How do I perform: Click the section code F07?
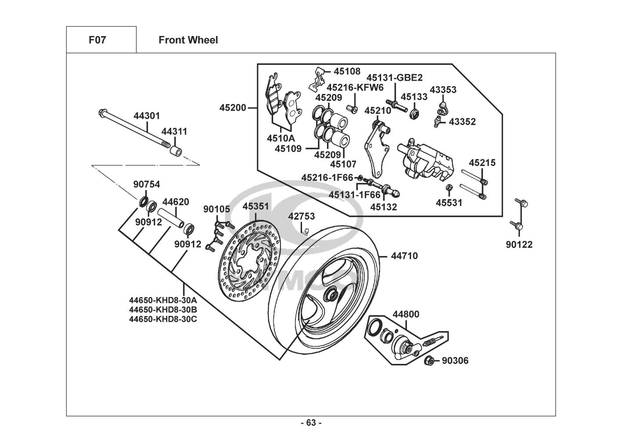tap(97, 40)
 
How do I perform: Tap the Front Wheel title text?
tap(188, 40)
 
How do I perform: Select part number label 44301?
tap(147, 116)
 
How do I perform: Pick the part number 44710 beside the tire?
tap(404, 255)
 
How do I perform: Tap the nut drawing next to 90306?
tap(430, 361)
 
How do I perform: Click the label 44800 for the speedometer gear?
tap(406, 314)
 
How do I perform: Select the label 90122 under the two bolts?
tap(519, 245)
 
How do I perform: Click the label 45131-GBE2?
tap(395, 78)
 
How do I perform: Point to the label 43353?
tap(443, 90)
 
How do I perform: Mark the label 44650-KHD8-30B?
tap(163, 309)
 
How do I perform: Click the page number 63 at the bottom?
tap(311, 423)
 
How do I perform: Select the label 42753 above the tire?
tap(302, 216)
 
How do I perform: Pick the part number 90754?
tap(147, 184)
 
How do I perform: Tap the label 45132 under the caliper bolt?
tap(383, 207)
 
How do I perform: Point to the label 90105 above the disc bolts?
tap(216, 209)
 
